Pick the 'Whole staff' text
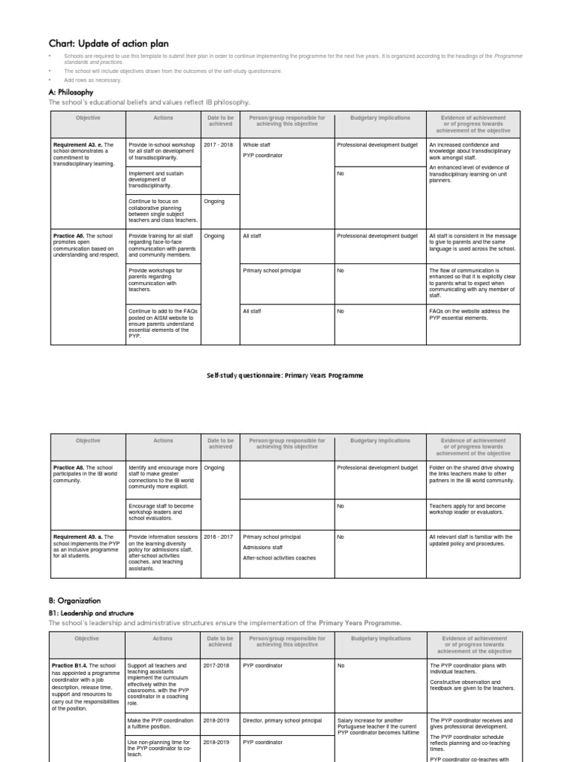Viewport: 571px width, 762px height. [x=257, y=145]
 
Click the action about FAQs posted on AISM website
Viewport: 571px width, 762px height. [x=161, y=324]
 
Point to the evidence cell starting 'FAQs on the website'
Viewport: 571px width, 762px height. [x=469, y=315]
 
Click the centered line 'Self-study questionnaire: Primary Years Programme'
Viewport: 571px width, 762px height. [x=285, y=376]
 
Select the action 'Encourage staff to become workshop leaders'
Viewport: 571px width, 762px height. [x=161, y=513]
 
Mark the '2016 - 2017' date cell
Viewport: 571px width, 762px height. [x=219, y=537]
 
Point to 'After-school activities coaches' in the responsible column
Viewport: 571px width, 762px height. [x=279, y=557]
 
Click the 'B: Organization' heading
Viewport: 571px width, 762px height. [x=74, y=601]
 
